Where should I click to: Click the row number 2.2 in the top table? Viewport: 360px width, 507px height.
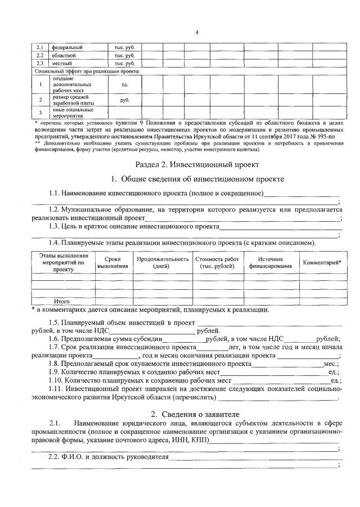[40, 55]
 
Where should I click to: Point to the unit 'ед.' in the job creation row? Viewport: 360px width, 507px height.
[125, 84]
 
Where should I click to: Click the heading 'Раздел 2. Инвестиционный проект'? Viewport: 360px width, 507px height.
[197, 165]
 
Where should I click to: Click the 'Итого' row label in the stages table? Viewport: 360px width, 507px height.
[62, 301]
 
